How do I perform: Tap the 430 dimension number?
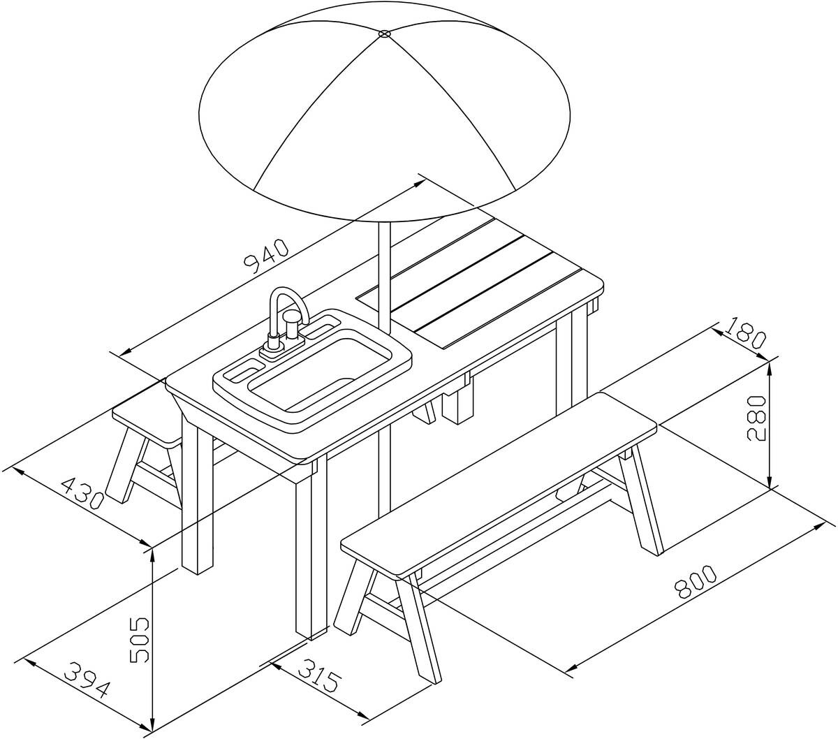coord(82,493)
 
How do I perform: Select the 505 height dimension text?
coord(139,641)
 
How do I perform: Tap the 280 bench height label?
coord(758,418)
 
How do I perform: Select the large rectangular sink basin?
coord(321,374)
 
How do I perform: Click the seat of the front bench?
coord(499,484)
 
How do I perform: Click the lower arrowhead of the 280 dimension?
coord(770,481)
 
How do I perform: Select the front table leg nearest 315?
coord(311,555)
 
